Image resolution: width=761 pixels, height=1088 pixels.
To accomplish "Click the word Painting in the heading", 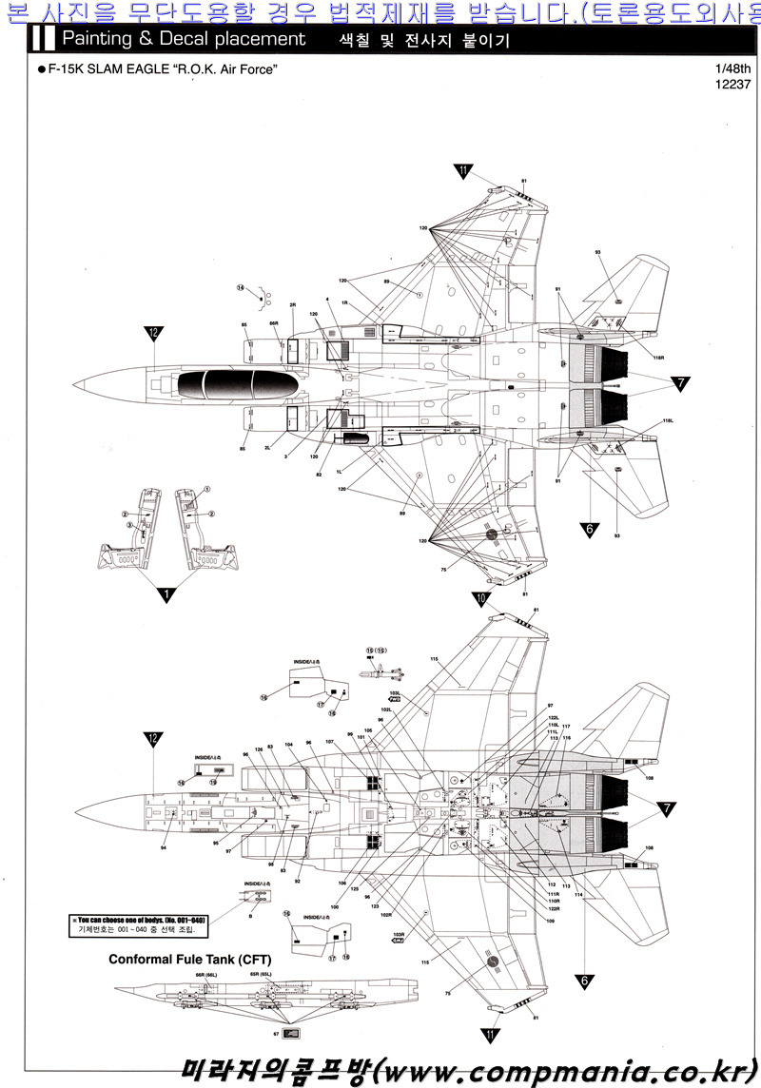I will (x=97, y=39).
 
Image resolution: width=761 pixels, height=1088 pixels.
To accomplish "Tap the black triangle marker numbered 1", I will (x=166, y=595).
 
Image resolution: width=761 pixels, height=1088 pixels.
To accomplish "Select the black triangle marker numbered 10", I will (x=480, y=599).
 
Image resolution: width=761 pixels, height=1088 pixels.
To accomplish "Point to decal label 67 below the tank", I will (x=275, y=1033).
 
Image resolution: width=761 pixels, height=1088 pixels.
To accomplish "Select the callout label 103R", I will (x=399, y=934).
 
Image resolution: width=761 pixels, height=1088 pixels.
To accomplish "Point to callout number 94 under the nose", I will (x=165, y=846).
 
